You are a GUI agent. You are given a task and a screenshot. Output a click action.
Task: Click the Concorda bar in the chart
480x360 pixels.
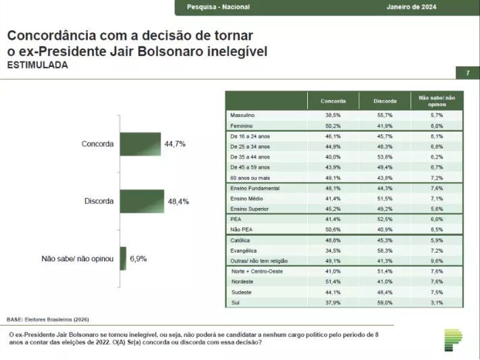pos(140,144)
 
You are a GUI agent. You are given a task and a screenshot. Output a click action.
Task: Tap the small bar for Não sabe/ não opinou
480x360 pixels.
pos(124,258)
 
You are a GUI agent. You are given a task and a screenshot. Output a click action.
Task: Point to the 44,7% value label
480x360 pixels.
pos(175,144)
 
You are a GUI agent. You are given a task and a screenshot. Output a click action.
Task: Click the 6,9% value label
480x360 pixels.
pos(138,258)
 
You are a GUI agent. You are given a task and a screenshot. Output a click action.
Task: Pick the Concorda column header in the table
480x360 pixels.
pos(334,101)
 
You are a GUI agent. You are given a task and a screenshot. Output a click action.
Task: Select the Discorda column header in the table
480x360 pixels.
pos(385,101)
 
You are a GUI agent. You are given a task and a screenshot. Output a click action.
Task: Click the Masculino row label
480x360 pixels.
pos(244,115)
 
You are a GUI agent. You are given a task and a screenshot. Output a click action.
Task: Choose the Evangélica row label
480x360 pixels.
pos(245,250)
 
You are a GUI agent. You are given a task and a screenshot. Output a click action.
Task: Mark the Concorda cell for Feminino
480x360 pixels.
pos(334,126)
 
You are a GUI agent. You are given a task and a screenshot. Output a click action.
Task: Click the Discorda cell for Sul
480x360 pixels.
pos(385,302)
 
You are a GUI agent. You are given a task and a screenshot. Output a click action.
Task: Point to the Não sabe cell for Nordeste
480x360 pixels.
pos(437,282)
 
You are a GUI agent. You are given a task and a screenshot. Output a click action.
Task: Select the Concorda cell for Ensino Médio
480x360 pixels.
pos(334,198)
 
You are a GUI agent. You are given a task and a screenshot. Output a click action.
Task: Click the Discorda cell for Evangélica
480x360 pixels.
pos(385,250)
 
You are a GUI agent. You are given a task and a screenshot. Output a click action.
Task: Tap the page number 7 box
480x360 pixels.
pos(468,73)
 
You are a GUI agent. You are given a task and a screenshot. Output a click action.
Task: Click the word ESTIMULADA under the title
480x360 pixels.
pos(37,66)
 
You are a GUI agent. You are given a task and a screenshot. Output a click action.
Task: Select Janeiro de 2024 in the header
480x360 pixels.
pos(411,7)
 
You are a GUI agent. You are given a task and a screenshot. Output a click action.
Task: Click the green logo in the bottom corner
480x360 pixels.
pos(453,340)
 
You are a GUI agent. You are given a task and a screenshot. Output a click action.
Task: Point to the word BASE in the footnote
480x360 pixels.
pos(14,319)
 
